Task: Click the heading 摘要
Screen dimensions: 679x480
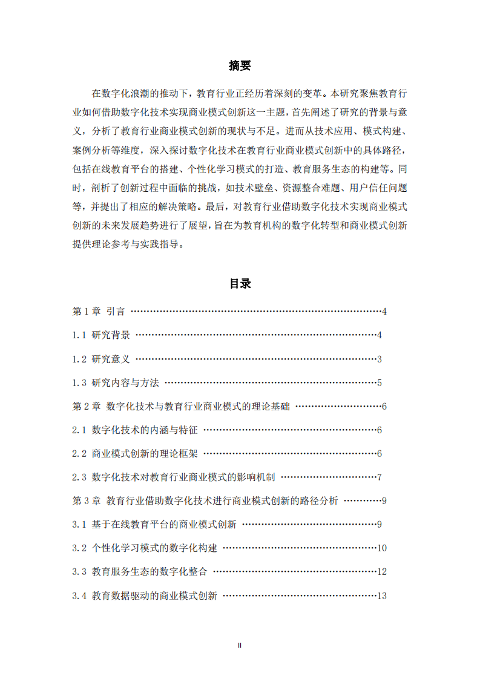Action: tap(240, 66)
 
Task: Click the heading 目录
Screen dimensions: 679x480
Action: tap(240, 283)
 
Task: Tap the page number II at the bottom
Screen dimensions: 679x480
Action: tap(240, 646)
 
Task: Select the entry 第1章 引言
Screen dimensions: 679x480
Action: tap(99, 312)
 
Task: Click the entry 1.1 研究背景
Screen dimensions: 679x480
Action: tap(101, 335)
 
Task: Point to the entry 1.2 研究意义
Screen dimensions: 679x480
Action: tap(101, 359)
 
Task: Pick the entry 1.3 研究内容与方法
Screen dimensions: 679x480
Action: tap(116, 382)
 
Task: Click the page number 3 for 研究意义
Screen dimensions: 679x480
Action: tap(379, 359)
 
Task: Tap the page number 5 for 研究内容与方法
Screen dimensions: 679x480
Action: tap(379, 382)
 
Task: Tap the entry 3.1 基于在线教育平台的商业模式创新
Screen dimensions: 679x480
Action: tap(154, 525)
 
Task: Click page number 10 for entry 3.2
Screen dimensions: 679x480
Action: tap(381, 548)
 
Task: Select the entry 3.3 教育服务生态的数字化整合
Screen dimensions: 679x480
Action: tap(140, 572)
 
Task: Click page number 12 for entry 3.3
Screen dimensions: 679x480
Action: tap(381, 572)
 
